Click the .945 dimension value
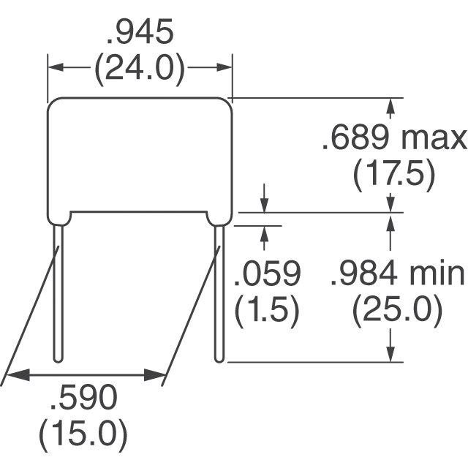(140, 31)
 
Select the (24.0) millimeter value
(140, 68)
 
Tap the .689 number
(356, 137)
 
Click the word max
(434, 140)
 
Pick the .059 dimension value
(267, 273)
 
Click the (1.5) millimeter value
(267, 311)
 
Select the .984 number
(364, 273)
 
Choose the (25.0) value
(397, 311)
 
